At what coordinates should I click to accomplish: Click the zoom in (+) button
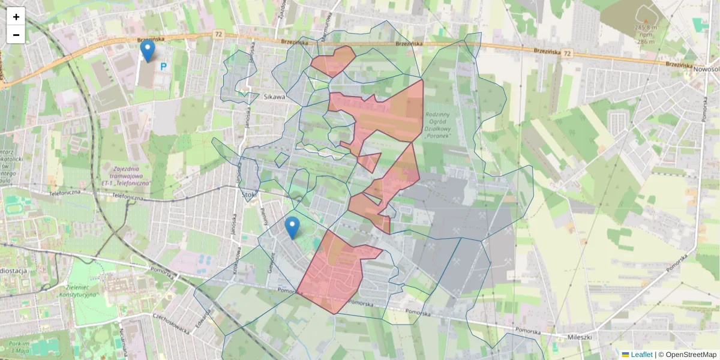(16, 17)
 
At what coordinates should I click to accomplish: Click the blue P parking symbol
(163, 67)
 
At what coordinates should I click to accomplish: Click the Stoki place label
(249, 194)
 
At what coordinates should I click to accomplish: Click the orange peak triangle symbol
(646, 22)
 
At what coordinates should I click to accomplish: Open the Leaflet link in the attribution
(641, 355)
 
